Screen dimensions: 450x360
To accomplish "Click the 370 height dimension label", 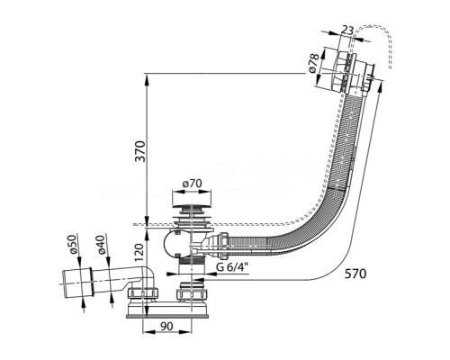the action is pos(140,151).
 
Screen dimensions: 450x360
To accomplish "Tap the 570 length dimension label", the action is pos(355,274).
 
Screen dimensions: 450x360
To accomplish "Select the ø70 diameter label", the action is pos(193,184).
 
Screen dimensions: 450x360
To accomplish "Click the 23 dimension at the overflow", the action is pos(347,30).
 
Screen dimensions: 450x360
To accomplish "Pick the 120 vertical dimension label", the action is pos(139,254).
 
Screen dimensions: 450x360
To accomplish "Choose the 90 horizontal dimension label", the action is pos(166,327).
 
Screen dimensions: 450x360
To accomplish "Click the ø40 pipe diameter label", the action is pos(102,245).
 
